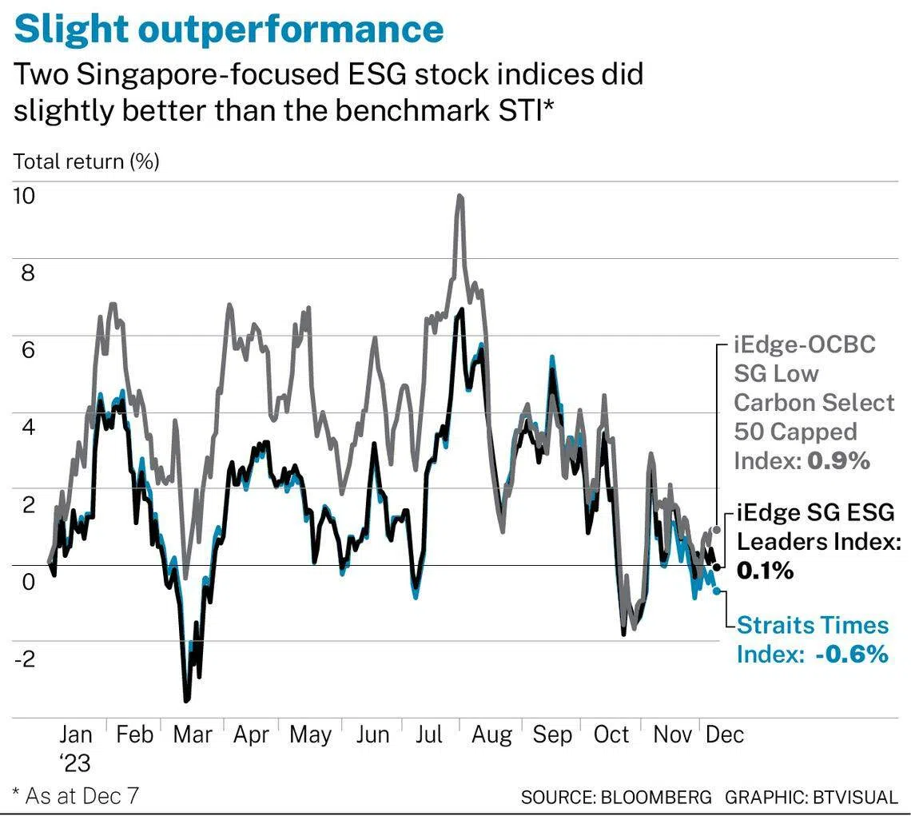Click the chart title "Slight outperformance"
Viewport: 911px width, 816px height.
[x=229, y=29]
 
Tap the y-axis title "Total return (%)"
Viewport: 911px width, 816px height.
[x=86, y=161]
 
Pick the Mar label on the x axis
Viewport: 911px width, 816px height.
[x=193, y=734]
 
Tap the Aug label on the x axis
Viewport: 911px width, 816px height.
[x=492, y=734]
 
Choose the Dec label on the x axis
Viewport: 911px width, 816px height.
[x=725, y=734]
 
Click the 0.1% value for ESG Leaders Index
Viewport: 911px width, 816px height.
[x=765, y=571]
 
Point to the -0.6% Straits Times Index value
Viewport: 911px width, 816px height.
[x=852, y=654]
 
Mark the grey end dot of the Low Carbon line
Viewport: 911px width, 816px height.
[x=716, y=530]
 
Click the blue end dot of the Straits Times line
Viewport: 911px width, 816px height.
[x=716, y=591]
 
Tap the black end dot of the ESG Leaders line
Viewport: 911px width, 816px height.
[x=716, y=567]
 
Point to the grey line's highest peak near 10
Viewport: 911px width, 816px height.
[x=459, y=196]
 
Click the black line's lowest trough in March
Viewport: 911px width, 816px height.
[x=187, y=700]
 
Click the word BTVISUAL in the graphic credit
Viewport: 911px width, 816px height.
[x=855, y=797]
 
